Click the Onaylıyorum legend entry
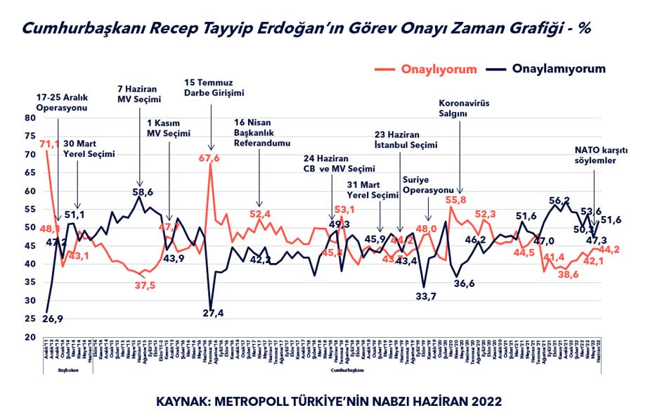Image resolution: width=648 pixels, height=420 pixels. (x=439, y=70)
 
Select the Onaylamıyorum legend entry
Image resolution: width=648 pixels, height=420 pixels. (x=559, y=69)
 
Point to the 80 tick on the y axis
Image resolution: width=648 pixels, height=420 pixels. (x=30, y=118)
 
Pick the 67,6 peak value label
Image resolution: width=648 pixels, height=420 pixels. (x=211, y=158)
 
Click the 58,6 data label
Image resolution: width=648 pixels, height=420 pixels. (x=144, y=191)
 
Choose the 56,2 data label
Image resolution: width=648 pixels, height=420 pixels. (x=559, y=201)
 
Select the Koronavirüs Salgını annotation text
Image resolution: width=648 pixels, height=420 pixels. (x=463, y=108)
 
